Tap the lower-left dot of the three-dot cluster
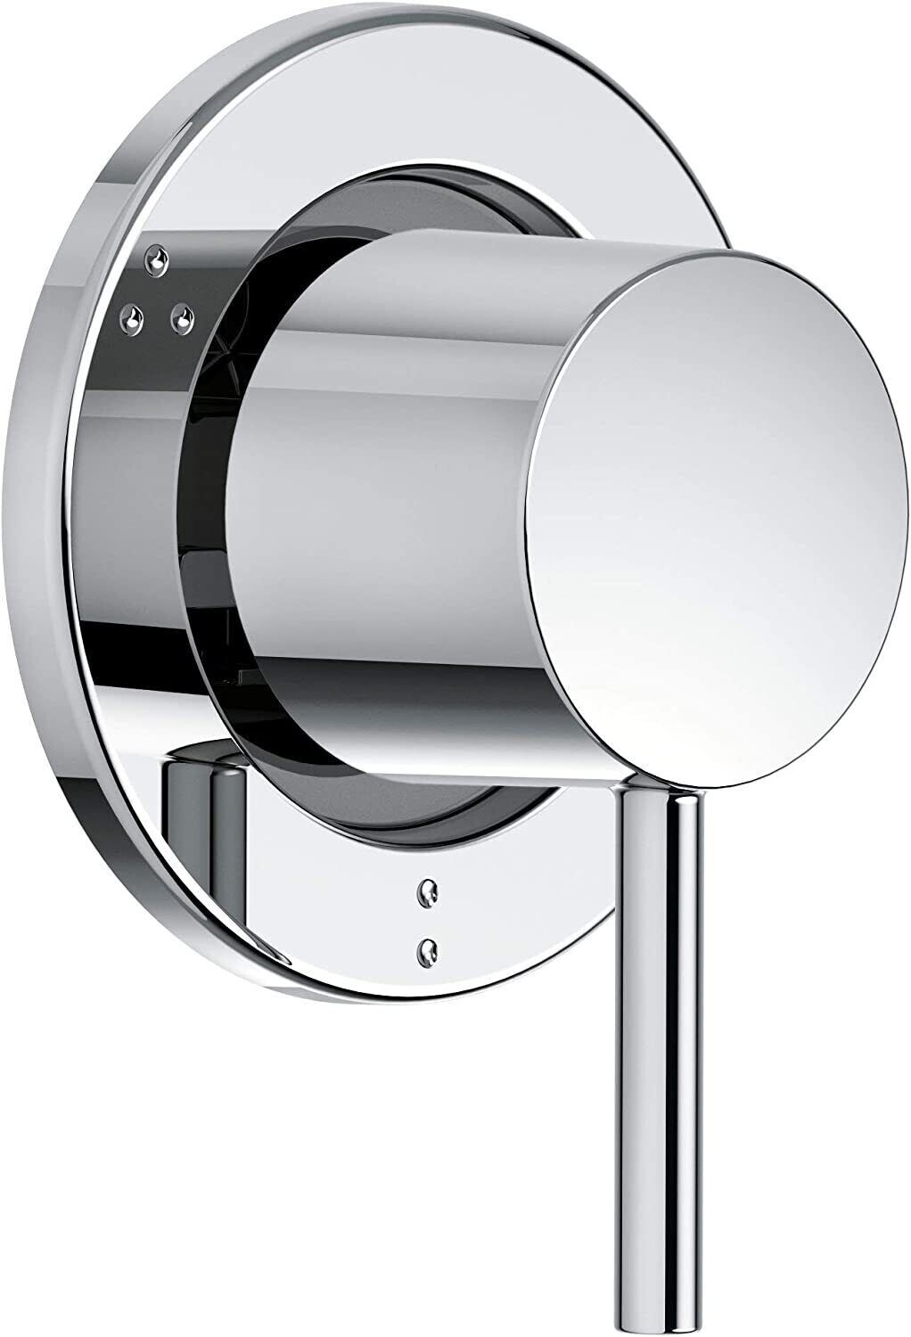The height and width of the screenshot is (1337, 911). point(135,316)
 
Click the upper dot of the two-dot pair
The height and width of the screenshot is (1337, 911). point(430,890)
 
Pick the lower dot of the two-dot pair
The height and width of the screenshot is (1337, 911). point(430,947)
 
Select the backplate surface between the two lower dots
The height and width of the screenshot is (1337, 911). point(430,919)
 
